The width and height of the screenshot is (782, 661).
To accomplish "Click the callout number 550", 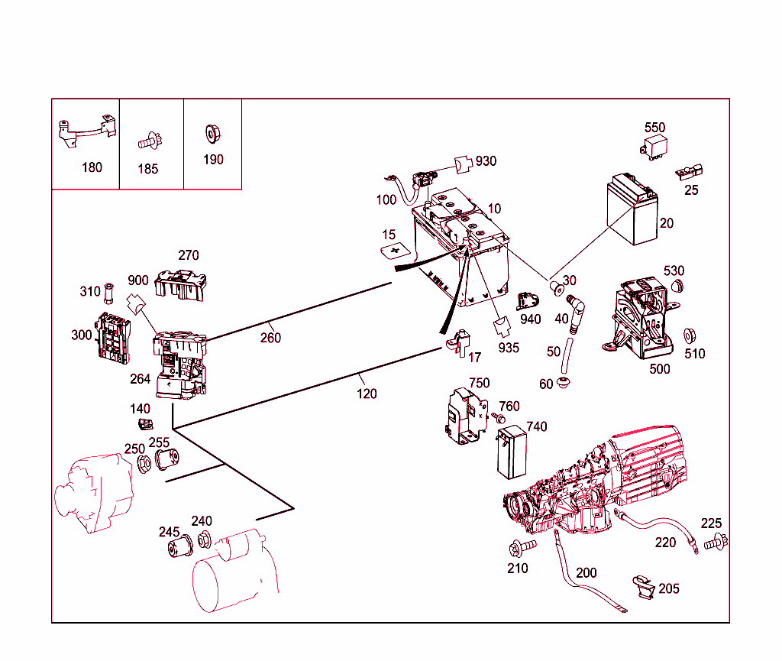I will (654, 128).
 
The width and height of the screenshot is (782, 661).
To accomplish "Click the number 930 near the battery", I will (486, 161).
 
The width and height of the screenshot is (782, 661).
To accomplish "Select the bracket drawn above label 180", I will (86, 132).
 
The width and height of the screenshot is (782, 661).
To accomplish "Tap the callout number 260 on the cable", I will (270, 338).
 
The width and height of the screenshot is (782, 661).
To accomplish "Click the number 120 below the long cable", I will (367, 394).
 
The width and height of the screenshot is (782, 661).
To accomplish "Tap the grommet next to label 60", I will (564, 381).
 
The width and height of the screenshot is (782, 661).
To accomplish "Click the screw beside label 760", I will (497, 418).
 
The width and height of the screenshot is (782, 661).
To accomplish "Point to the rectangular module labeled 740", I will (509, 452).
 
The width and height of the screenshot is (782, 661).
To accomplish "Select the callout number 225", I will (711, 523).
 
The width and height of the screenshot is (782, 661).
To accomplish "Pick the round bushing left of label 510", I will (687, 335).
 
